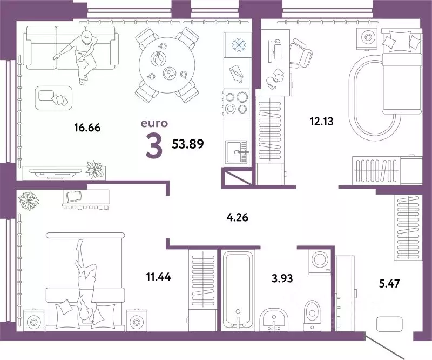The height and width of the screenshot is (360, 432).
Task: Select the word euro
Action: pyautogui.click(x=154, y=124)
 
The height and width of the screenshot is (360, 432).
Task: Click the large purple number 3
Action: pyautogui.click(x=154, y=146)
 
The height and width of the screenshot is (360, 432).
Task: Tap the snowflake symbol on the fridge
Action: pyautogui.click(x=238, y=45)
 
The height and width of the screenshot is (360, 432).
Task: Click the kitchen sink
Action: pyautogui.click(x=237, y=153)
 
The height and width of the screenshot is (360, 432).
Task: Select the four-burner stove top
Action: pyautogui.click(x=237, y=103)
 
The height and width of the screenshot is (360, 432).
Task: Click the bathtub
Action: pyautogui.click(x=238, y=289)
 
